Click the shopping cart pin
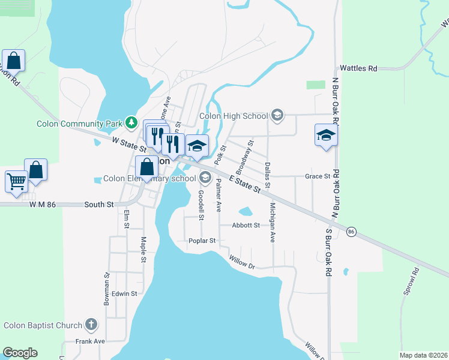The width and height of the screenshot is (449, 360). (16, 180)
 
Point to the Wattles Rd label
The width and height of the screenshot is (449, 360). (358, 68)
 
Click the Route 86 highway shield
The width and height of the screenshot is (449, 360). (352, 231)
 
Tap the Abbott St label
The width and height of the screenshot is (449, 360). (247, 226)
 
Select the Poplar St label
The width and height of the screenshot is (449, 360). (202, 241)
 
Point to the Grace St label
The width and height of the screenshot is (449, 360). (318, 176)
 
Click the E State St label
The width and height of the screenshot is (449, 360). (247, 181)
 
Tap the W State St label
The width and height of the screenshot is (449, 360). (129, 143)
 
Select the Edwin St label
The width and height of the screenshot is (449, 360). (124, 293)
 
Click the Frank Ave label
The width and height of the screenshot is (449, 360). (90, 341)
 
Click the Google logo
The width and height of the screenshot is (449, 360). (20, 353)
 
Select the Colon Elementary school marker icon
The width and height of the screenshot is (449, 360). (205, 177)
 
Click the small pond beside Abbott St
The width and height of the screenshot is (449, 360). (246, 211)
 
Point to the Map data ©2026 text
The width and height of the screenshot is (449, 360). (423, 355)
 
